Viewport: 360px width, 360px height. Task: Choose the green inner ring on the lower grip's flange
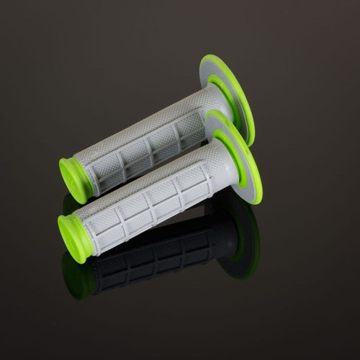point(225,148)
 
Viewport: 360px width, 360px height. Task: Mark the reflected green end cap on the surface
point(76,270)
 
